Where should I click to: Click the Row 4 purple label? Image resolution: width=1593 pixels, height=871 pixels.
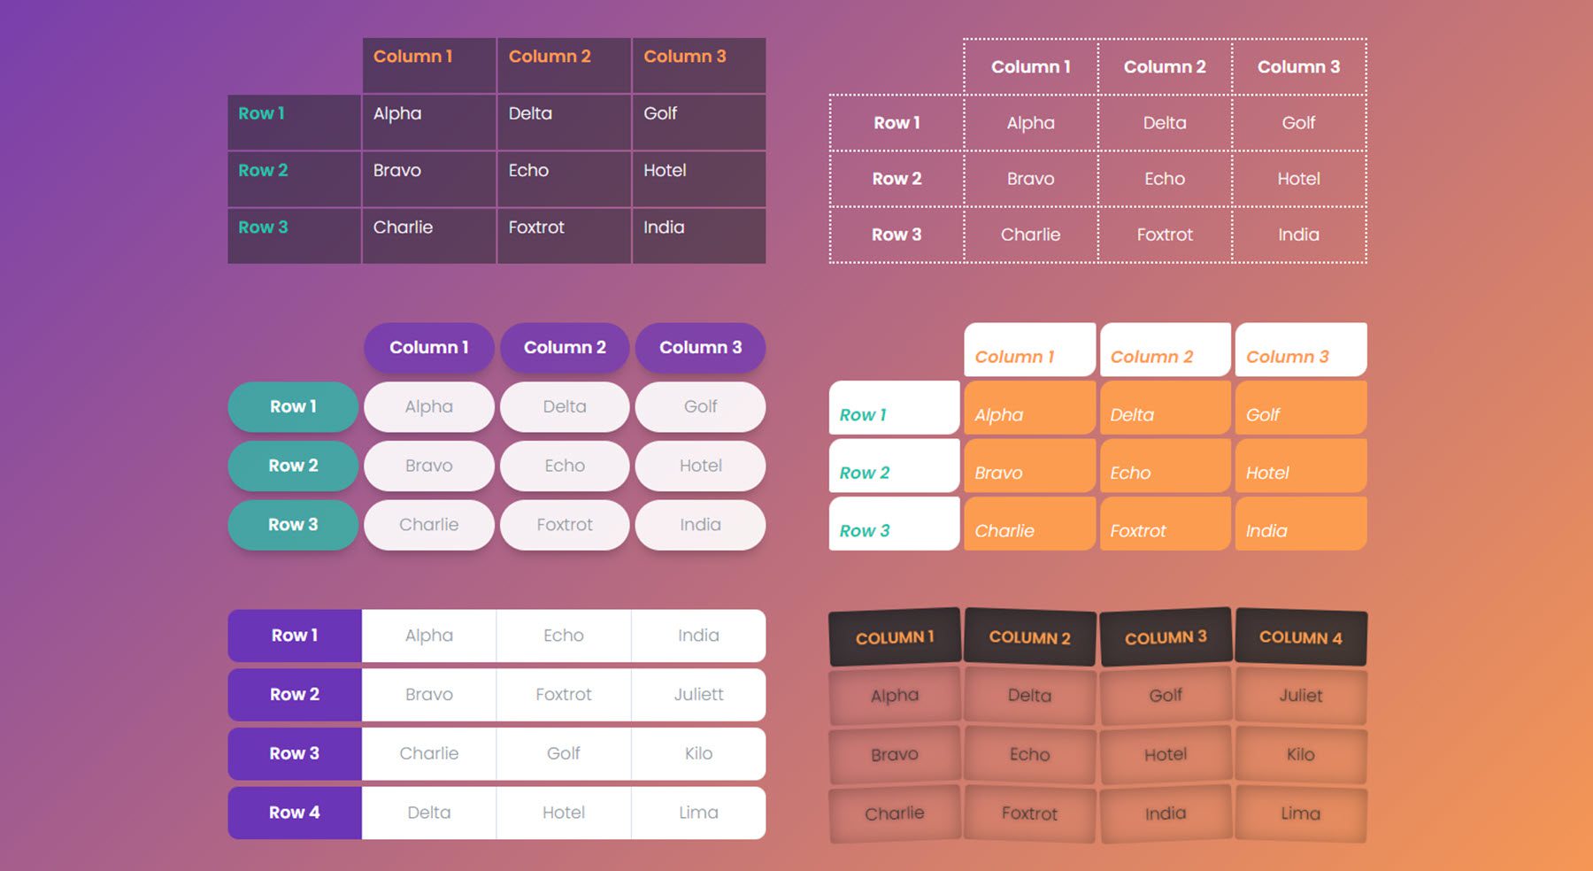294,813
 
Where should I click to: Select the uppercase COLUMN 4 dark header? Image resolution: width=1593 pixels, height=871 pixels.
1300,637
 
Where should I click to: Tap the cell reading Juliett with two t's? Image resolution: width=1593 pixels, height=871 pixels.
698,695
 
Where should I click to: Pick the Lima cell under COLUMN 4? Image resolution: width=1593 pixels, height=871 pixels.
1300,813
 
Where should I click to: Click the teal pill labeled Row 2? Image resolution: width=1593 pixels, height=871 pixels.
293,466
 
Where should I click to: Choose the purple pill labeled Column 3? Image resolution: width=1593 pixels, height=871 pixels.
700,348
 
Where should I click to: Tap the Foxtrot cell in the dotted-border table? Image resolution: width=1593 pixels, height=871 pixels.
1165,235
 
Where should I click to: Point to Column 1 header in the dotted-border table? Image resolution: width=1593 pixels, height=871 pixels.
1030,66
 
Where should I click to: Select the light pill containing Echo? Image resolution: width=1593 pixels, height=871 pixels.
565,466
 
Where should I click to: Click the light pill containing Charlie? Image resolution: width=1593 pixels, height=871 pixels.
428,525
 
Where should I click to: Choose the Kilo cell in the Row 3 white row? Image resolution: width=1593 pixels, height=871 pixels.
698,753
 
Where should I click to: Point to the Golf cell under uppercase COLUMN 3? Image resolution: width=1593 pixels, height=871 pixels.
1166,696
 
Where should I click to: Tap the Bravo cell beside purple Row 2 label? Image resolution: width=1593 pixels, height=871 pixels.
428,695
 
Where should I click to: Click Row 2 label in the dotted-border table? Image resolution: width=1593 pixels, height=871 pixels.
897,179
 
